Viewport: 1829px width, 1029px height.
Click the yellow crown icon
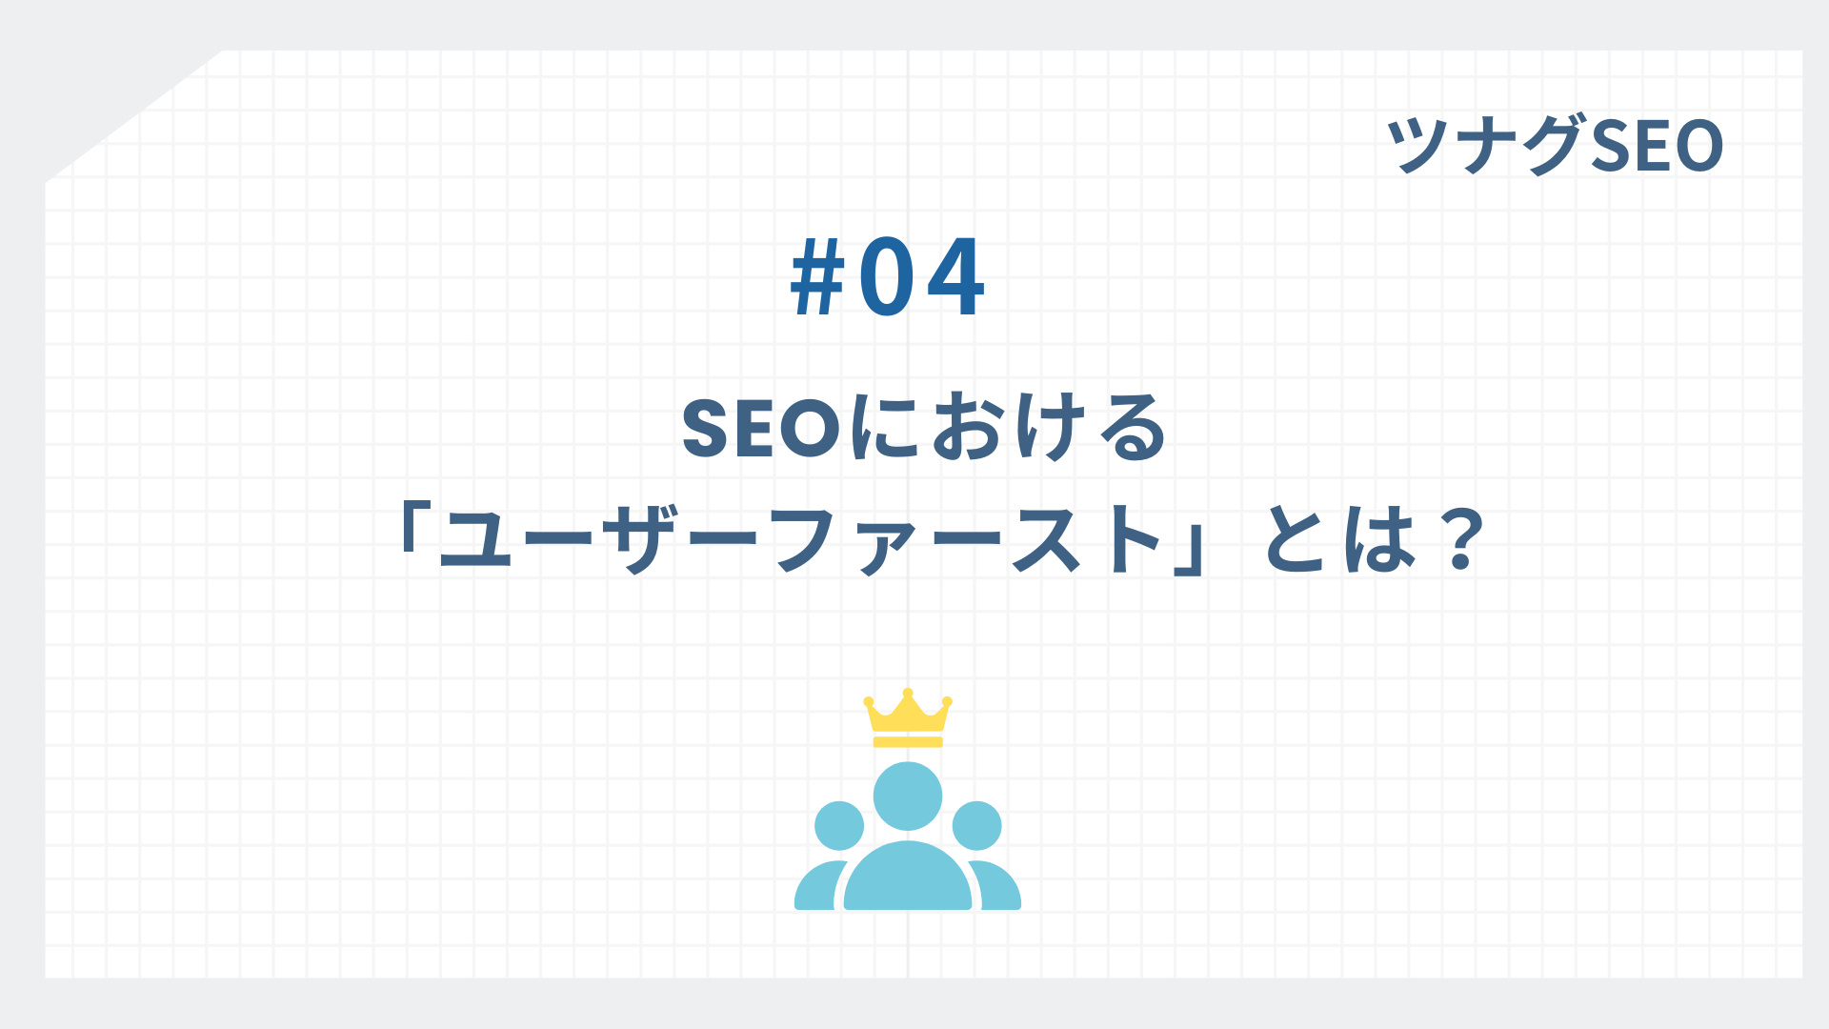coord(908,721)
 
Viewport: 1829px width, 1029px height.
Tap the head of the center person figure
coord(908,797)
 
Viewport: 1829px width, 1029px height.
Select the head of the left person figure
coord(839,825)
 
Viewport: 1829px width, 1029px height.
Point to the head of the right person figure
coord(976,825)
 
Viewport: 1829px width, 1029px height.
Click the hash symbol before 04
coord(818,277)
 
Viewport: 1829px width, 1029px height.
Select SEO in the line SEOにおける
coord(761,430)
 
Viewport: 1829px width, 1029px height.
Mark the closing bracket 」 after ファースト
coord(1190,553)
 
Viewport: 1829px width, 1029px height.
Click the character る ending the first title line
coord(1133,430)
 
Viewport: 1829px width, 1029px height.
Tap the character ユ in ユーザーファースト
coord(483,540)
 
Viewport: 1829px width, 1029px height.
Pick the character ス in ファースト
coord(1046,540)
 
